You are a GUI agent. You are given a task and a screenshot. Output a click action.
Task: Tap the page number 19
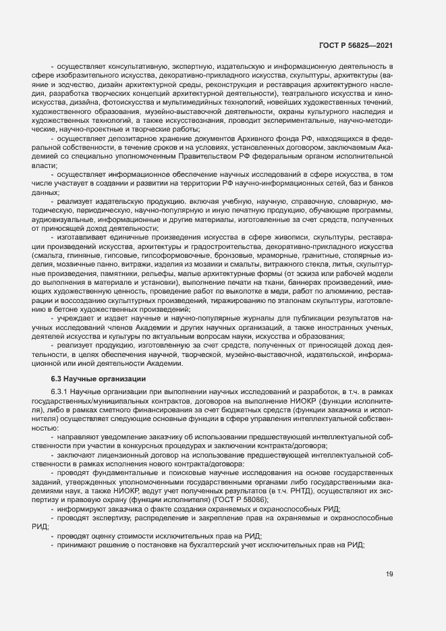coord(389,574)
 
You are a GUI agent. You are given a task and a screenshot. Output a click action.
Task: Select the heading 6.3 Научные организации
coord(94,378)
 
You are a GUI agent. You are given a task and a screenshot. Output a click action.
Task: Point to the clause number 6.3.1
coord(61,391)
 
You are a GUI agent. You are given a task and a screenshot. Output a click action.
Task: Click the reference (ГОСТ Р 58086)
coord(241,499)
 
